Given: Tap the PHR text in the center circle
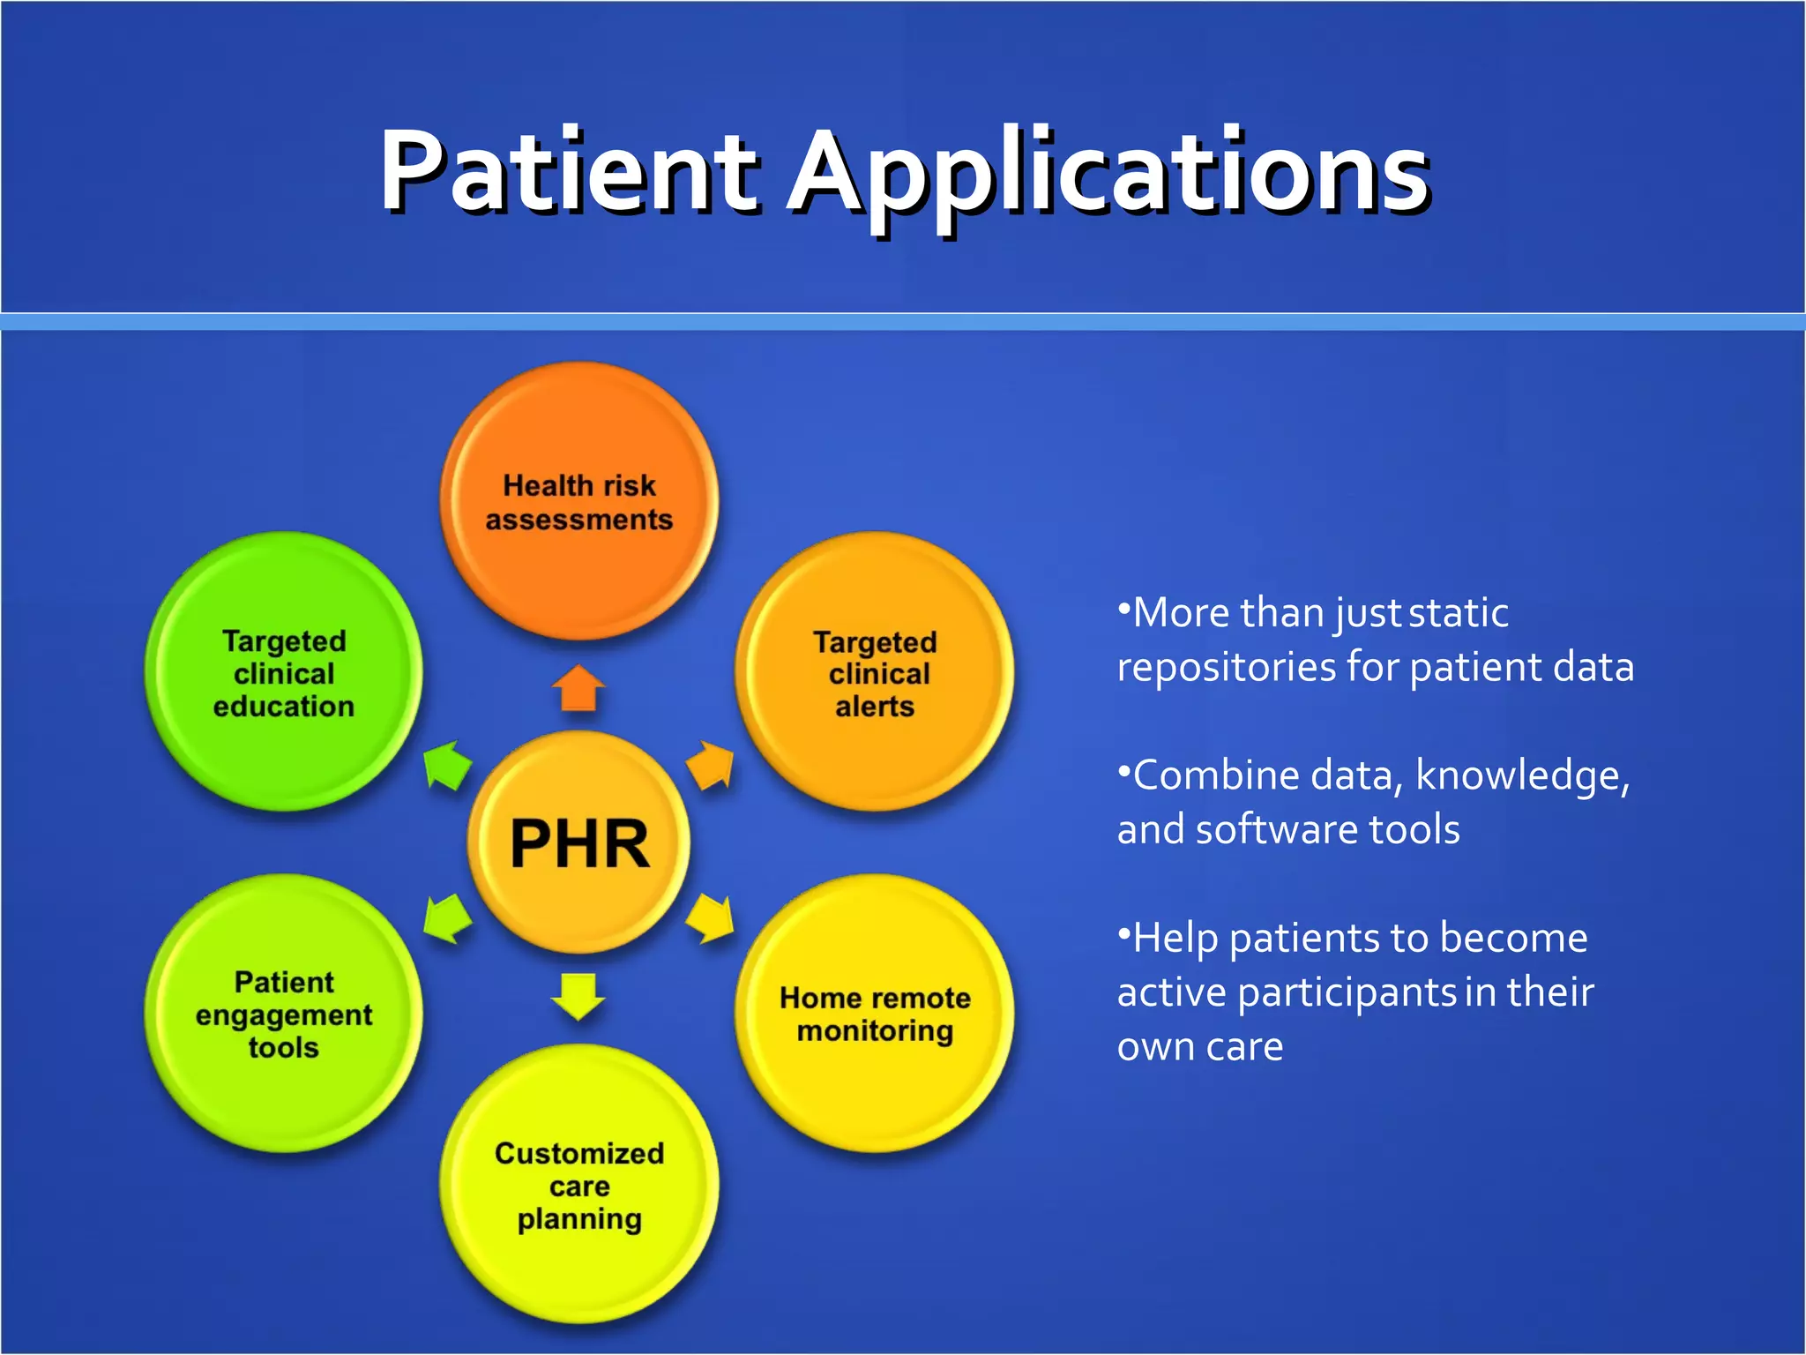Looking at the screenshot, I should click(x=579, y=844).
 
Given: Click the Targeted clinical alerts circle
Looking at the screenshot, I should click(x=875, y=673).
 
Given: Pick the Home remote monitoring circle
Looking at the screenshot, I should click(x=875, y=1014).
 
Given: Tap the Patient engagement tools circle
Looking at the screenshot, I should click(x=284, y=1014).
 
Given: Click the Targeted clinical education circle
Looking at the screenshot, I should click(x=284, y=673).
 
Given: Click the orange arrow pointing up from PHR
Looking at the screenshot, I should click(x=578, y=688).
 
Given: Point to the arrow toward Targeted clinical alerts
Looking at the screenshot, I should click(x=711, y=765).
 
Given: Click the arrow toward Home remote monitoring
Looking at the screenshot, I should click(x=711, y=918).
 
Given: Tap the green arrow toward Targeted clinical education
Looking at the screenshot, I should click(x=447, y=765).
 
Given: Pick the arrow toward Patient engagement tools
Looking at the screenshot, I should click(x=447, y=918).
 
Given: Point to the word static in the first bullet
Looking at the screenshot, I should click(x=1459, y=613).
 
